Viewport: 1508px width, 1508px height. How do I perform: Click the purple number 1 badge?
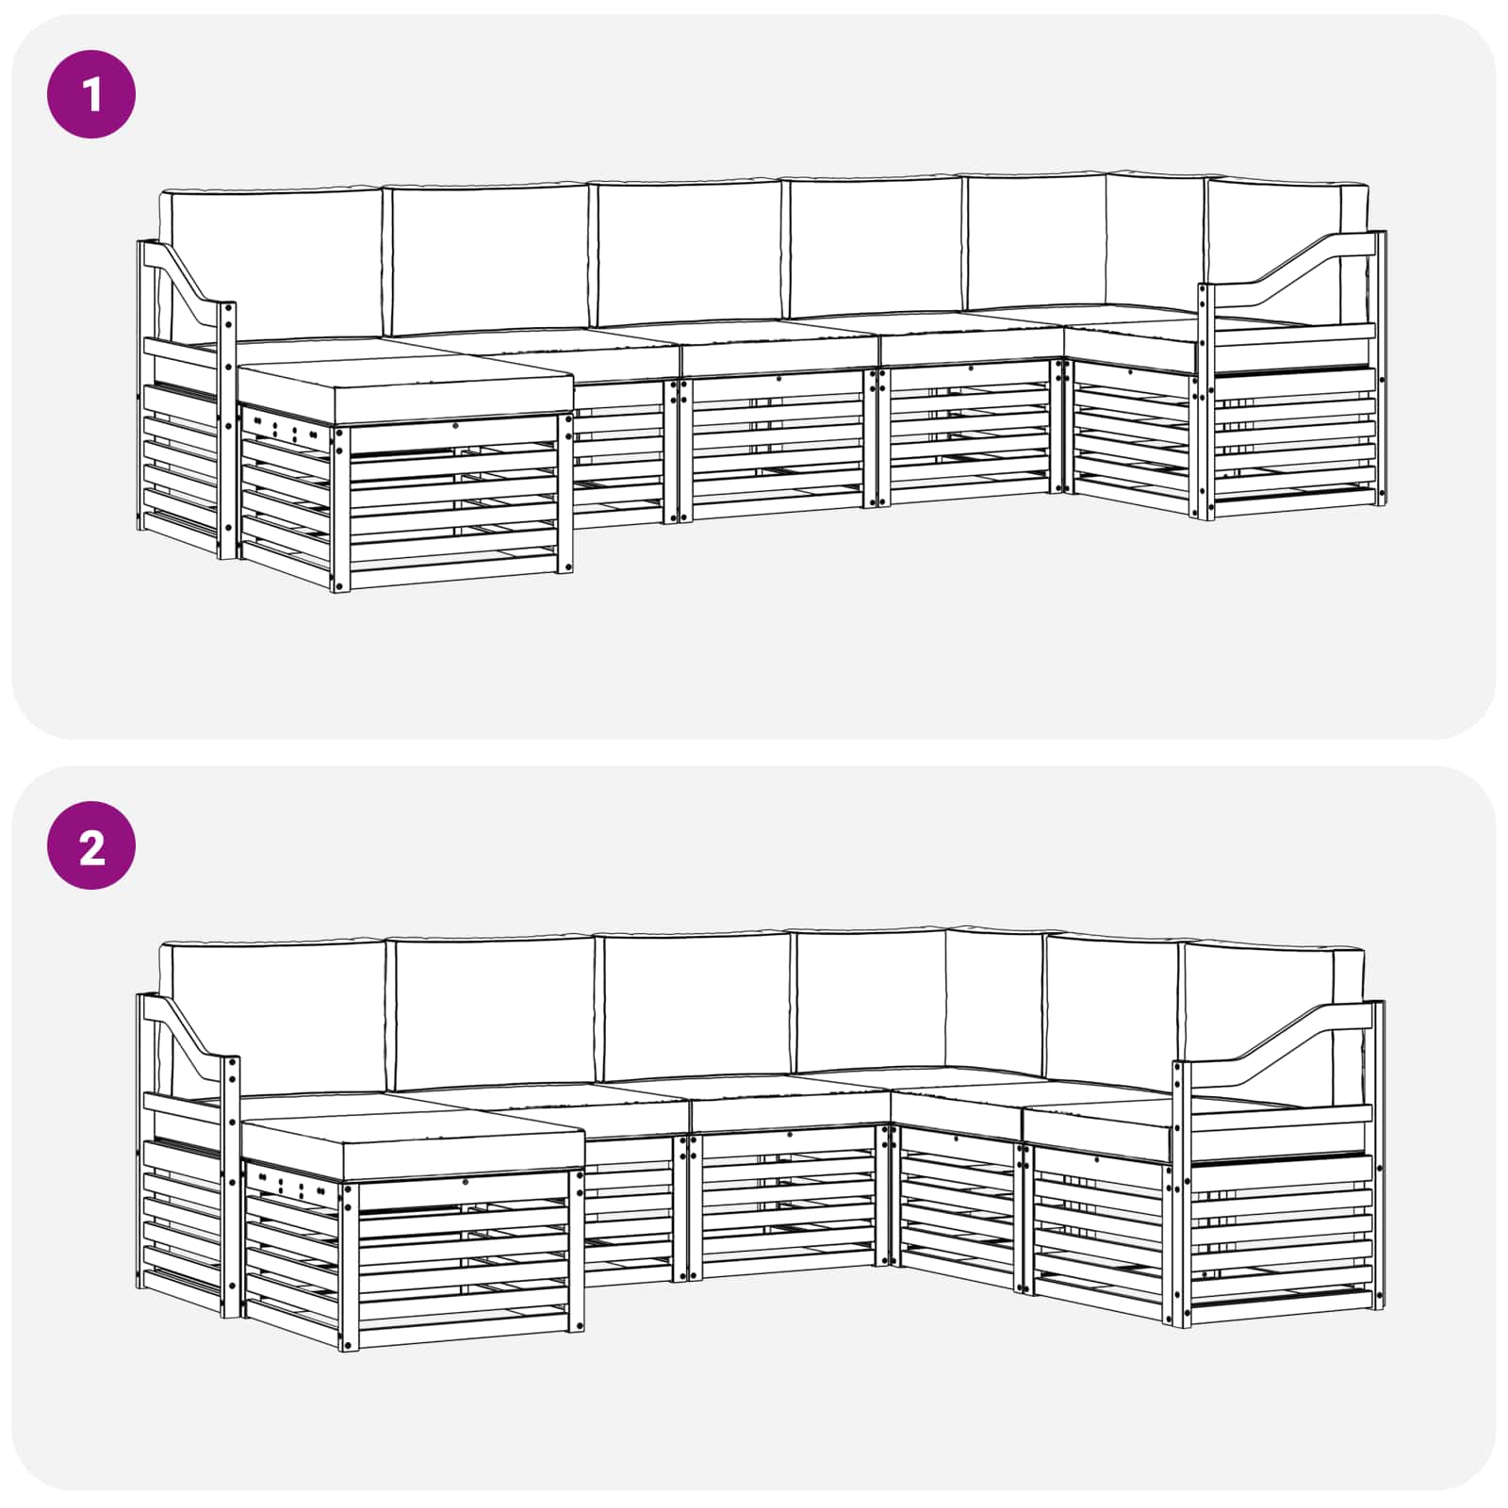tap(91, 94)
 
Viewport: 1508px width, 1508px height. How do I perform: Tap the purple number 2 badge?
tap(91, 845)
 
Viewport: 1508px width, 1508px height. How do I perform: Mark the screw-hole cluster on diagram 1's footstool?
tap(283, 430)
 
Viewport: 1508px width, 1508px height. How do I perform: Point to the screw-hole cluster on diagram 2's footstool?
tap(287, 1186)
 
